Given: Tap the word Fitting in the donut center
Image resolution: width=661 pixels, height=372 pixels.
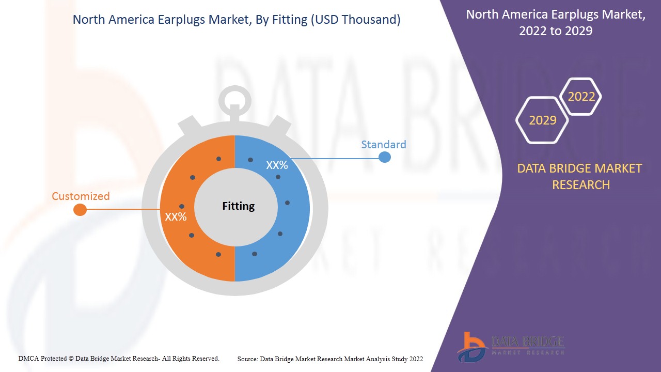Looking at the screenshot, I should tap(238, 206).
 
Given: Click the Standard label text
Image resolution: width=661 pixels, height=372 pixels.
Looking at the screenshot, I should tap(383, 145).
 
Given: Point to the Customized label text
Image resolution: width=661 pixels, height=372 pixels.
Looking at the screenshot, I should tap(81, 196).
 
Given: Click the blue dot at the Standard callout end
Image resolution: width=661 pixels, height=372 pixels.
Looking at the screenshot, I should tap(384, 157).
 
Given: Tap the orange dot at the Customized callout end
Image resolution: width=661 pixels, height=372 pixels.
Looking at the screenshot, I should tap(80, 210).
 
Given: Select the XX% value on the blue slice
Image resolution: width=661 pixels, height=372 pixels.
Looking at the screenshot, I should tap(277, 165).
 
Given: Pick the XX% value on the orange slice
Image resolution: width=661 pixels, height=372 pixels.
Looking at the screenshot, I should tap(176, 217).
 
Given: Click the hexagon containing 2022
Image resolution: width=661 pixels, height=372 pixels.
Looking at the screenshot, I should tap(581, 97).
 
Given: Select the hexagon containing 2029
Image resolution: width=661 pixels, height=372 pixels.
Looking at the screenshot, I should tap(542, 120).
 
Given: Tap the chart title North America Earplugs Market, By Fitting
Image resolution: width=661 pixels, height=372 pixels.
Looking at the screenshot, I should tap(237, 20).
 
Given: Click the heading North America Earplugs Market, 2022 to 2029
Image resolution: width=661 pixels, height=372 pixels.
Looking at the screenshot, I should tap(555, 23).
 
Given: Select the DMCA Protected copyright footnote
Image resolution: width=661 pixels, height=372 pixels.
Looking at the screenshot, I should tap(119, 358).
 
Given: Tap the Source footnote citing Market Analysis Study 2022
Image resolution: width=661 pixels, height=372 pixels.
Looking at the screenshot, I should tap(330, 359).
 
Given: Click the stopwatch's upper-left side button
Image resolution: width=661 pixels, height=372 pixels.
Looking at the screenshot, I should tap(188, 126).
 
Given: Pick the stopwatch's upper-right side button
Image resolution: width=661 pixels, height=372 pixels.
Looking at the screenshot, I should tap(281, 126).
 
